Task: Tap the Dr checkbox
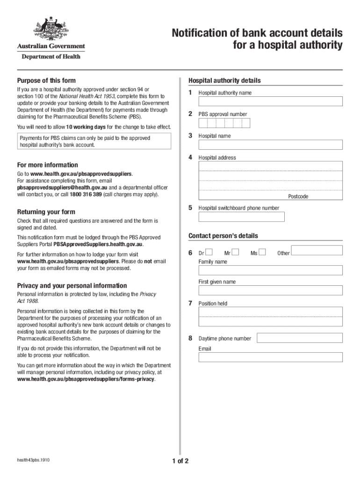click(209, 253)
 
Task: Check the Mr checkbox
click(235, 253)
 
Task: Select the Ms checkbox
click(262, 253)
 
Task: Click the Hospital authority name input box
click(271, 102)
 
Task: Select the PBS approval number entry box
click(224, 123)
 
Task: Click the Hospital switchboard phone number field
click(241, 217)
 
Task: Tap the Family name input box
click(271, 270)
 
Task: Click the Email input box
click(271, 357)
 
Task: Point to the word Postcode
click(298, 196)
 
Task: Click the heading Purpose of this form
click(46, 80)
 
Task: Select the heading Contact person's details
click(223, 236)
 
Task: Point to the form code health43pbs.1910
click(33, 460)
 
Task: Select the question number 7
click(190, 303)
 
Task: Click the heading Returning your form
click(46, 212)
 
